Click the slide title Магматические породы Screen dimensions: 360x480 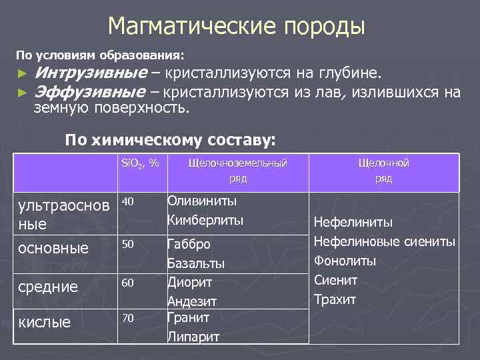(x=236, y=27)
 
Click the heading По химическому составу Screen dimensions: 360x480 (x=169, y=140)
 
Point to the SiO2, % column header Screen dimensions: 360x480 (x=141, y=162)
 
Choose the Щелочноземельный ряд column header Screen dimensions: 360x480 (x=238, y=170)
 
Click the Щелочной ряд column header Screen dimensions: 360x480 (x=383, y=170)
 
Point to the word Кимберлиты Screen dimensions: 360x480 (x=205, y=220)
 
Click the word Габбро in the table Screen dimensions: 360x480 (x=189, y=244)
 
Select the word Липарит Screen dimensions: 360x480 (x=193, y=337)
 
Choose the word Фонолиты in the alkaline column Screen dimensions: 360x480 (x=345, y=260)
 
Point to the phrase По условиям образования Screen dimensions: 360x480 (x=100, y=52)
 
